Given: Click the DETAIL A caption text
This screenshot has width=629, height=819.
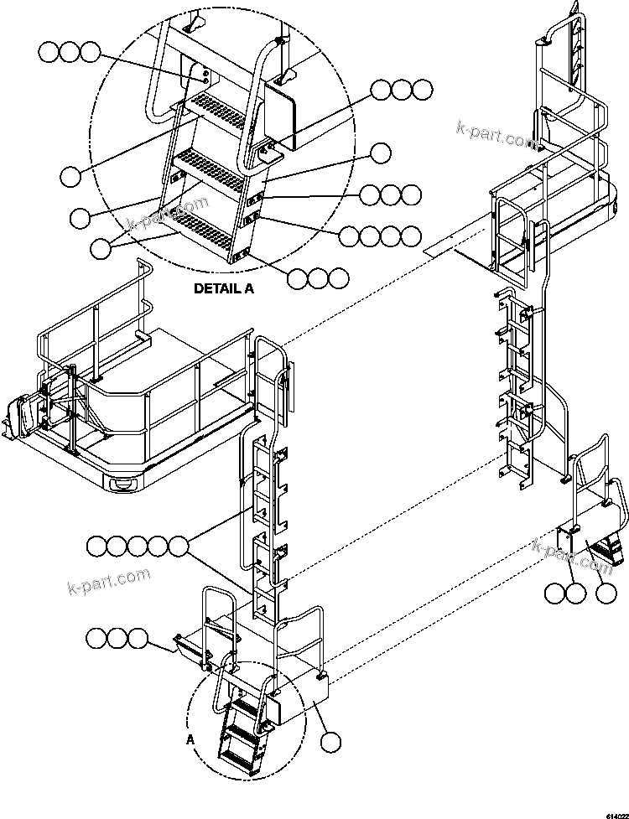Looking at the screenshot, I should (223, 288).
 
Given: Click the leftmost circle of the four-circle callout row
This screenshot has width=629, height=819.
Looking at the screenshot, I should (351, 236).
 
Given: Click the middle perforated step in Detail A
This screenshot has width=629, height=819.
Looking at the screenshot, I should (210, 162).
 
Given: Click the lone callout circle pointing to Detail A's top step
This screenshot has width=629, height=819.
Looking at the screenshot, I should (70, 175).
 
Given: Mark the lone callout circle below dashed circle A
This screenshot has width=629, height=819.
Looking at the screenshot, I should (331, 741).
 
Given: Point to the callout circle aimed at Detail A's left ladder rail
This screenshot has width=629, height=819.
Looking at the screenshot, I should (80, 217).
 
